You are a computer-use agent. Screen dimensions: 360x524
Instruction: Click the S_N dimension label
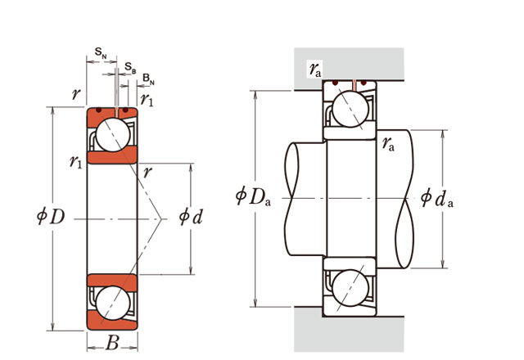[100, 52]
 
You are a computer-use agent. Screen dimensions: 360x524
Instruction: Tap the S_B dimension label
[130, 65]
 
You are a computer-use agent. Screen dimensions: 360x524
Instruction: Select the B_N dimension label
[148, 79]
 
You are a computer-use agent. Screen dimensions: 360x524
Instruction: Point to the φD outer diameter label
[52, 217]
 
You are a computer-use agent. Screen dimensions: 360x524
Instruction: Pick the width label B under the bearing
[112, 344]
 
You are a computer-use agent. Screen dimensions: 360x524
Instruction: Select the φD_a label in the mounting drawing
[253, 197]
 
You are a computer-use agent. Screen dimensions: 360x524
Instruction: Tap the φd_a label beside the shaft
[437, 197]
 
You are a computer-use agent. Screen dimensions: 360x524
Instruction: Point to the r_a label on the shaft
[390, 145]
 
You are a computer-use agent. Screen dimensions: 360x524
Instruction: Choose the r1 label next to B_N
[147, 100]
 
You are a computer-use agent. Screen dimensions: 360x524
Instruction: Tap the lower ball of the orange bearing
[111, 300]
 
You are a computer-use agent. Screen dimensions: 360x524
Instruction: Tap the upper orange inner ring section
[110, 156]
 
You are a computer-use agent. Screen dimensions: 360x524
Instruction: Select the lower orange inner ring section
[111, 278]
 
